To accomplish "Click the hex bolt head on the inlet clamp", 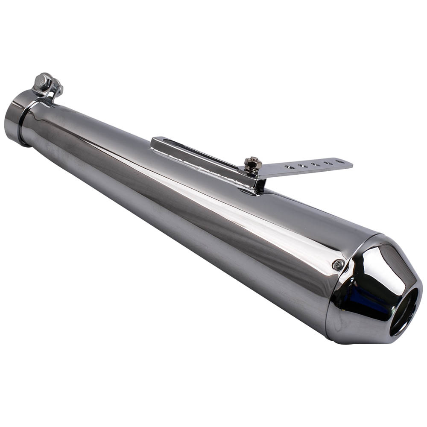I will point(43,80).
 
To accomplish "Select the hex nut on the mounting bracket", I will point(252,163).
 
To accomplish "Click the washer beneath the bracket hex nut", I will point(253,170).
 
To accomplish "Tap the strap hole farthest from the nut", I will point(340,162).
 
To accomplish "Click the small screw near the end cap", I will point(338,265).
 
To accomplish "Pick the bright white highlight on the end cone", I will point(376,265).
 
